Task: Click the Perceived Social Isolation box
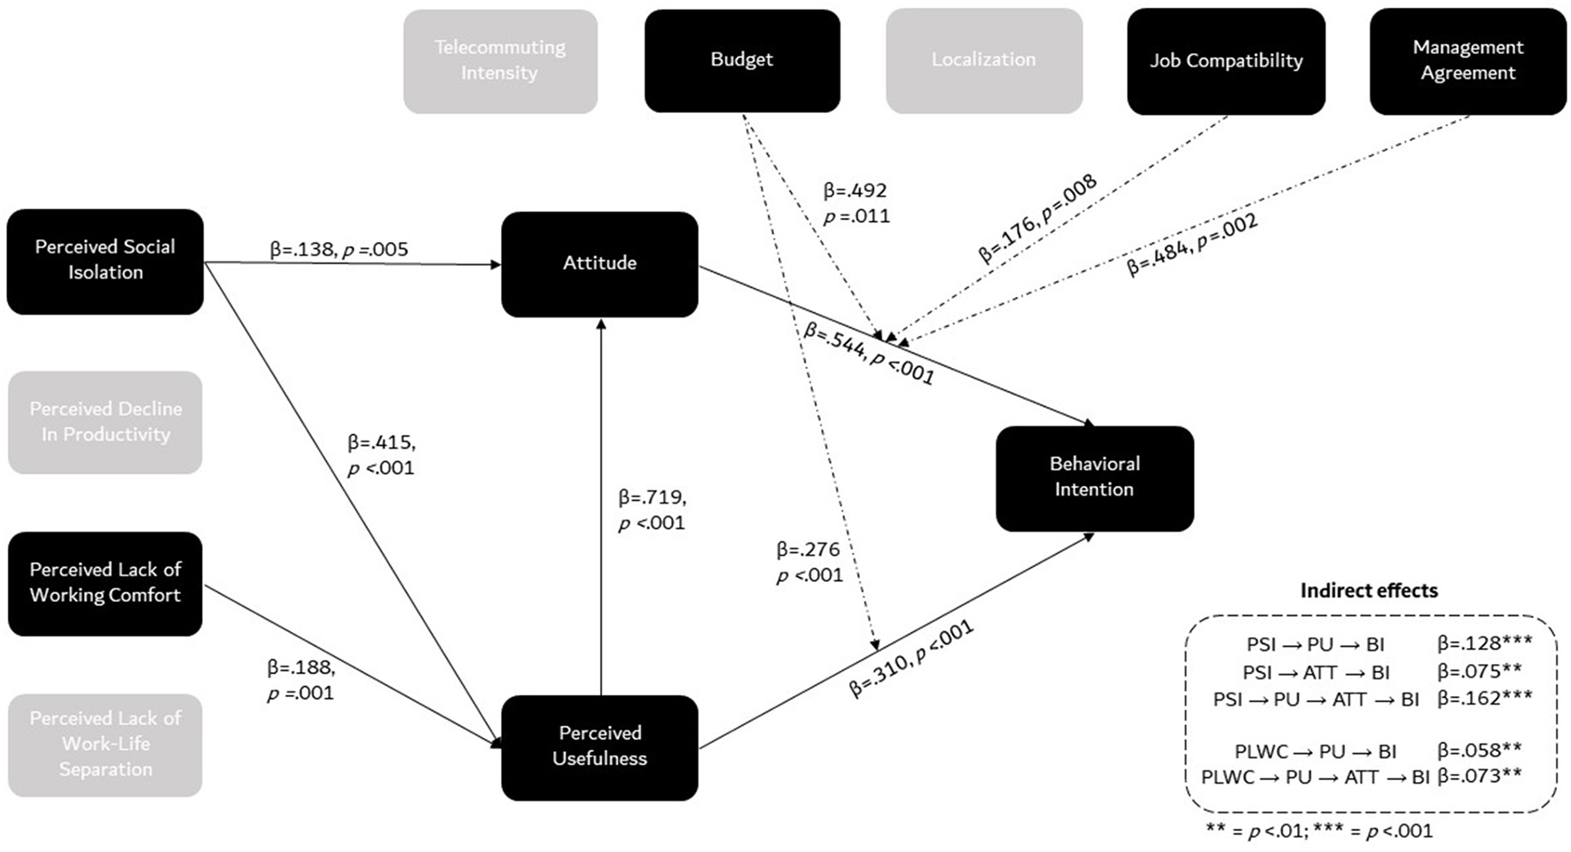point(105,261)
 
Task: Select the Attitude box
point(599,263)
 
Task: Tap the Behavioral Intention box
point(1094,478)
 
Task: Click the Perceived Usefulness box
point(599,746)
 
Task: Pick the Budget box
point(741,60)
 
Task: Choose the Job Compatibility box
point(1225,61)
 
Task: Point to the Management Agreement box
point(1467,61)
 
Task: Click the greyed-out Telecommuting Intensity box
point(500,61)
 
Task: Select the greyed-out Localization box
point(983,61)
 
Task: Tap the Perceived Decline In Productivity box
point(105,422)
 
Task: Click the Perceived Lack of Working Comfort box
point(105,583)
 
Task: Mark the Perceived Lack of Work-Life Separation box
point(105,745)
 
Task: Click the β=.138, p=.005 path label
point(339,250)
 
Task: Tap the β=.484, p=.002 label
point(1192,246)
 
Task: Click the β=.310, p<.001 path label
point(911,659)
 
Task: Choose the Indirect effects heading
point(1368,590)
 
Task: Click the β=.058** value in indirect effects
point(1479,751)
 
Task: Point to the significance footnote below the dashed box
point(1318,832)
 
